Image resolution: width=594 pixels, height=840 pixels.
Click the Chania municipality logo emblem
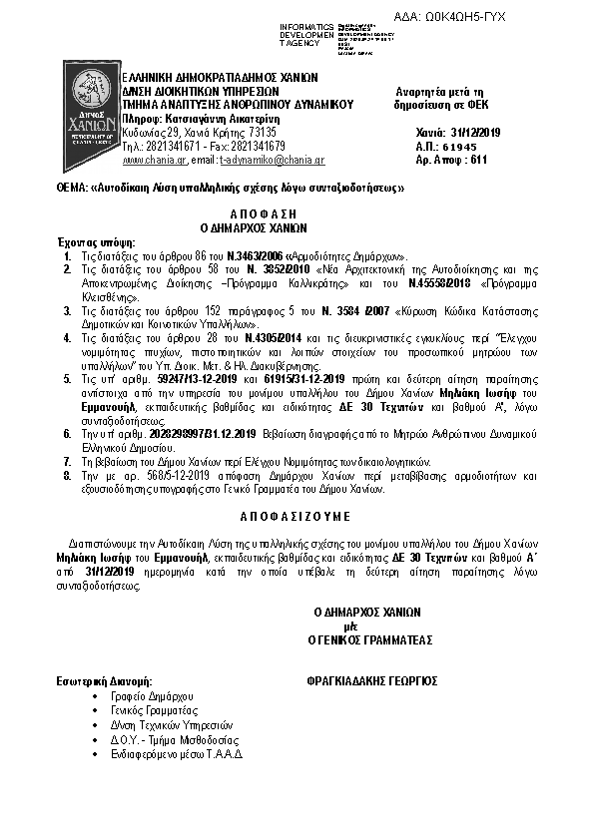92,104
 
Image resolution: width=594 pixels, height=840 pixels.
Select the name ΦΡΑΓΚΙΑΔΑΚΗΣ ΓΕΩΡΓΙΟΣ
374,681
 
